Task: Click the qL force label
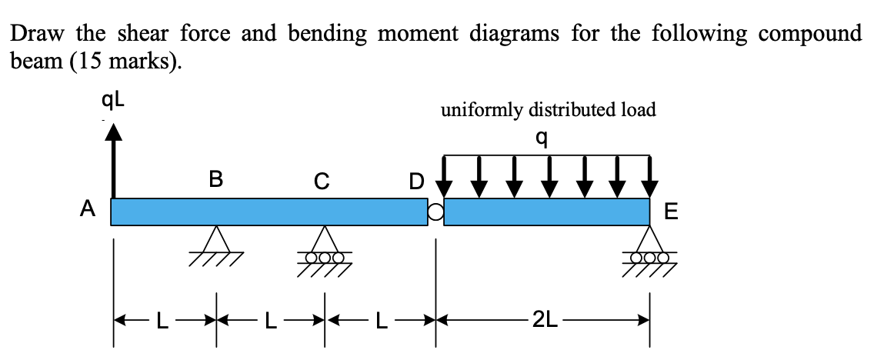[x=113, y=101]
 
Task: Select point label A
[x=88, y=208]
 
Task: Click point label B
[x=216, y=180]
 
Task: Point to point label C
[x=322, y=182]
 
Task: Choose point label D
[x=416, y=182]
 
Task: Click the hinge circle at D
[x=435, y=212]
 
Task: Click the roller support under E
[x=651, y=248]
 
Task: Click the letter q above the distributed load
[x=542, y=138]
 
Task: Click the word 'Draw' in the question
[x=35, y=35]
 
